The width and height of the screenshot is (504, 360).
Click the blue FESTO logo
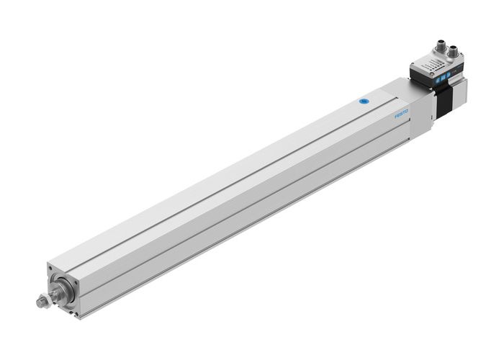[x=402, y=113]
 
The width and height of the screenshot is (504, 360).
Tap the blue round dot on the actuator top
[x=363, y=102]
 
